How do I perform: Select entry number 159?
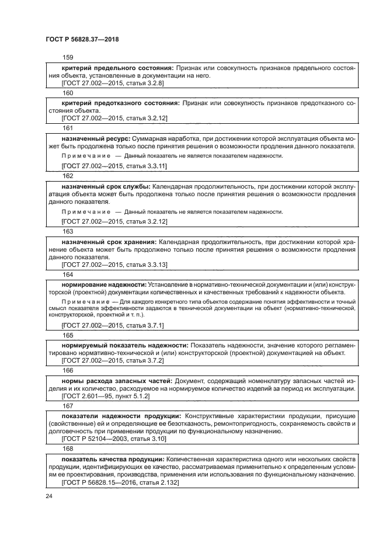point(68,57)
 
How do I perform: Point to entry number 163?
point(68,231)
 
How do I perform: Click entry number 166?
point(68,370)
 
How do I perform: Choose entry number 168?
point(68,448)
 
